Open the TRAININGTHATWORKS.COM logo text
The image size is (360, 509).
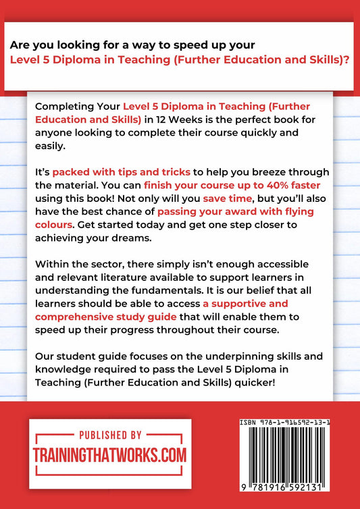(x=109, y=455)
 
